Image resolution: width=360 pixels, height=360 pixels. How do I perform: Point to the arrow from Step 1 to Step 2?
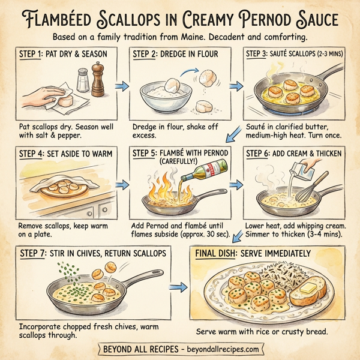(x=122, y=88)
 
